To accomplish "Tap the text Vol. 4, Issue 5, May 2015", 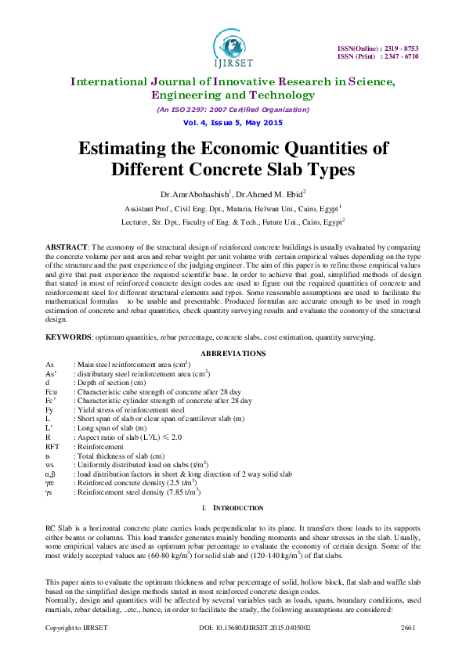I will coord(233,124).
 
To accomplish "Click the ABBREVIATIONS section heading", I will coord(233,354).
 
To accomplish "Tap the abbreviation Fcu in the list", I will coord(51,391).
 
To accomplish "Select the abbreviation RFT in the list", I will coord(52,446).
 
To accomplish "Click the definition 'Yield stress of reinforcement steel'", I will coord(129,409).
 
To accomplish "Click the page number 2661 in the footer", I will coord(407,650).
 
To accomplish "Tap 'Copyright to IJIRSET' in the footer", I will coord(75,650).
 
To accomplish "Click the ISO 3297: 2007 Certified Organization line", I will coord(233,110).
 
